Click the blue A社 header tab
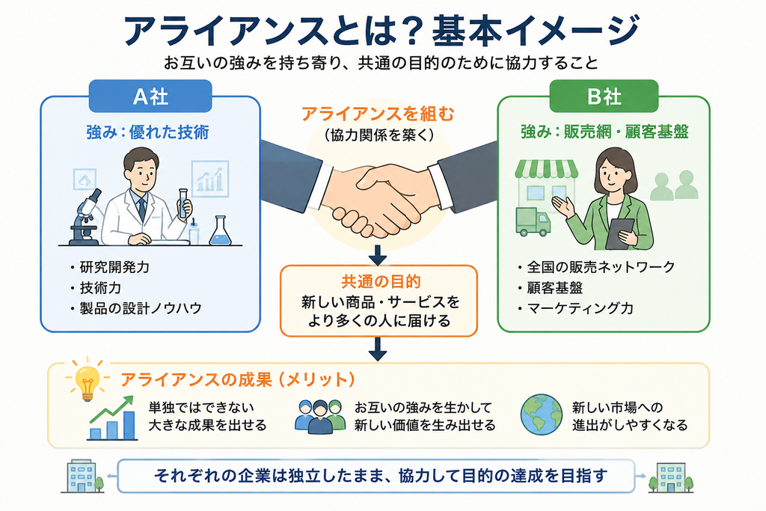click(x=150, y=97)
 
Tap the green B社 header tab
click(x=604, y=97)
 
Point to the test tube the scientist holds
click(x=183, y=204)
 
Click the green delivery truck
click(x=533, y=221)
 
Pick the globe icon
click(x=542, y=414)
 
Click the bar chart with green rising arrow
click(x=112, y=418)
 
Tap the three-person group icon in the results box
click(x=320, y=417)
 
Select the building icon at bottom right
click(x=671, y=478)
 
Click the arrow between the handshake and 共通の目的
click(x=378, y=254)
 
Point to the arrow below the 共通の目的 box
click(x=378, y=349)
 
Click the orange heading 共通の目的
click(x=381, y=282)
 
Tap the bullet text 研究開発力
click(x=114, y=267)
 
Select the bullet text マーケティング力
click(x=580, y=308)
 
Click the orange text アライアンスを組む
click(x=378, y=114)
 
